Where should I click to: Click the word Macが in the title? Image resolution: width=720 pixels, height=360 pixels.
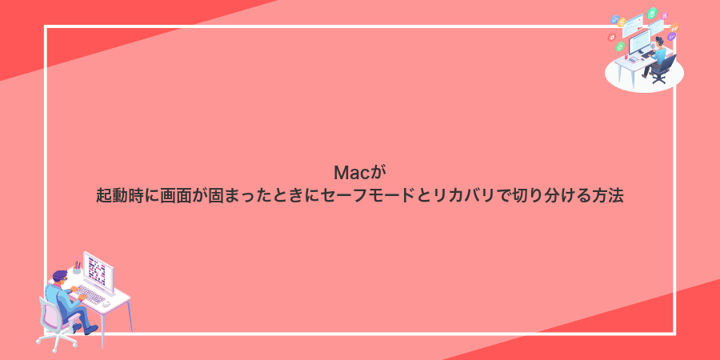point(359,172)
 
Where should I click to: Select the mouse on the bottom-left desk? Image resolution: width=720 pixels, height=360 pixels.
point(112,302)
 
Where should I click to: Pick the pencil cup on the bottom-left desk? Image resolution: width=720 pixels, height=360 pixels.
point(77,268)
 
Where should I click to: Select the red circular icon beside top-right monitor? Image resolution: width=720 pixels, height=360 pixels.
point(612,36)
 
